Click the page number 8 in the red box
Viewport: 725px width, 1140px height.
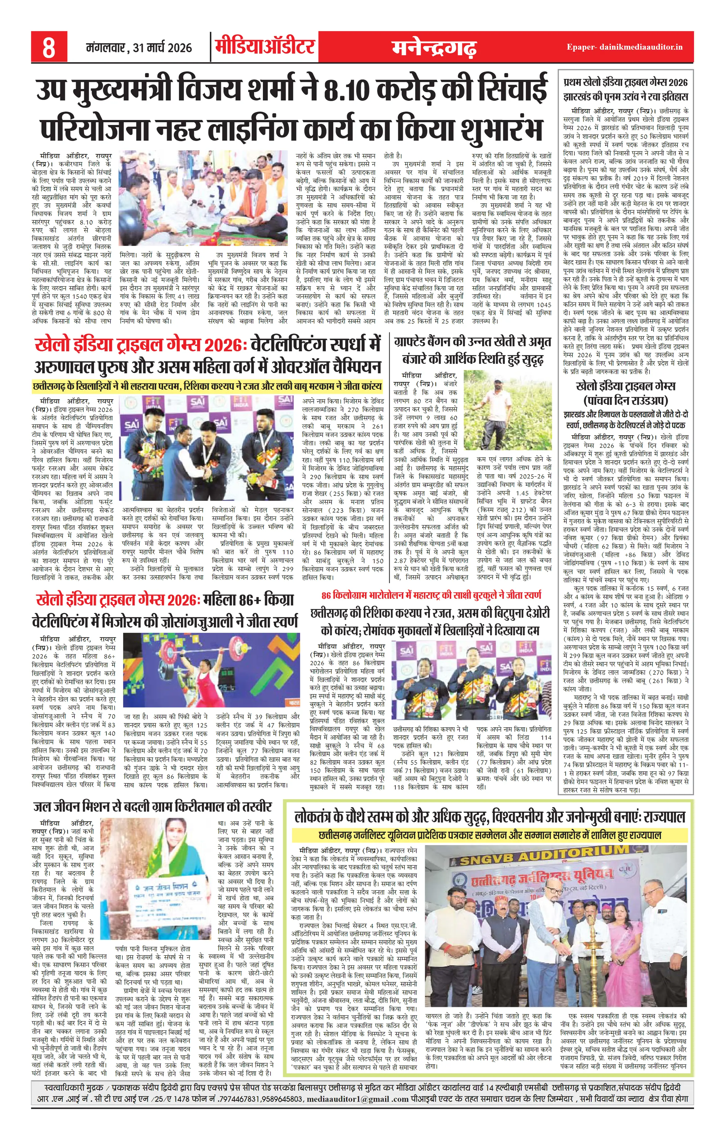click(49, 47)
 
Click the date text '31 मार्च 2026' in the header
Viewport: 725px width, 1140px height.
click(162, 48)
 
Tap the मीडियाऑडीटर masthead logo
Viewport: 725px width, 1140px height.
click(265, 47)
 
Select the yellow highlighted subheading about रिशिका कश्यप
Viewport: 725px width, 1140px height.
click(207, 386)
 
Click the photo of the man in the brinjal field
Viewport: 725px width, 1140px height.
click(508, 410)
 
